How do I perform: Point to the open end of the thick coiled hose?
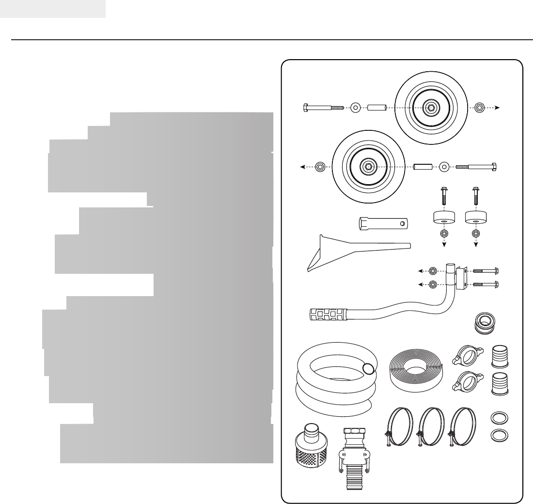click(369, 369)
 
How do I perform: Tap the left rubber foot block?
click(443, 218)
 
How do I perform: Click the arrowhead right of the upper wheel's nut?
click(499, 108)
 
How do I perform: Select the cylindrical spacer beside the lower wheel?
click(422, 167)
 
